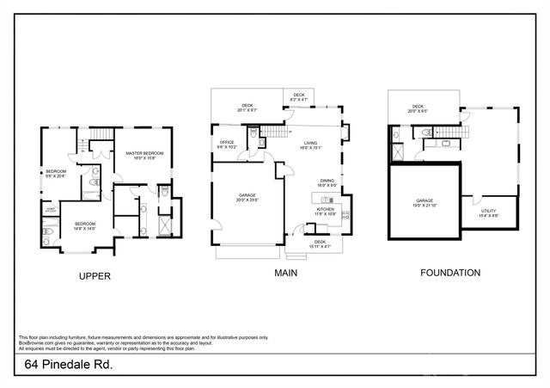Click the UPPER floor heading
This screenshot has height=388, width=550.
point(95,275)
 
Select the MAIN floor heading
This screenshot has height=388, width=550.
point(286,273)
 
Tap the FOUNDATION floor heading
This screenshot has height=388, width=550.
point(449,273)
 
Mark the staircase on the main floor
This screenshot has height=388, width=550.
point(273,132)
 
